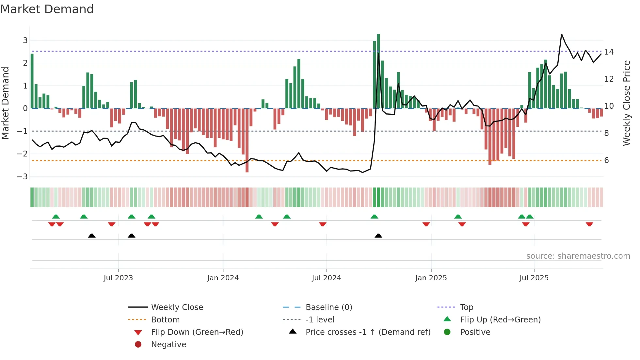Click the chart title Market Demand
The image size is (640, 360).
point(47,9)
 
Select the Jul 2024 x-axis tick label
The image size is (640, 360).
point(326,278)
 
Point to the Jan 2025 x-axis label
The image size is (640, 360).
point(431,278)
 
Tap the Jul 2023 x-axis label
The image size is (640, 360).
point(118,278)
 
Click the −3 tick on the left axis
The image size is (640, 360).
point(22,177)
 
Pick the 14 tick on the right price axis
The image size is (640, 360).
point(609,52)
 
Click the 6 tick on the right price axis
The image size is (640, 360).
point(606,160)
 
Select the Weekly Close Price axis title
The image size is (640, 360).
point(627,103)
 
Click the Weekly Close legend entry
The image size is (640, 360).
point(177,307)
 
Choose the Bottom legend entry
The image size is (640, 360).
point(165,320)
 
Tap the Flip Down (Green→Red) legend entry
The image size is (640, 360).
point(197,332)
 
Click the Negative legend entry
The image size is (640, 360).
point(168,345)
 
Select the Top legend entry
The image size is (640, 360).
point(467,307)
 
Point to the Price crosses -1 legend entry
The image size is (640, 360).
point(368,332)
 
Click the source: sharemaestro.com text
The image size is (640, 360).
point(578,256)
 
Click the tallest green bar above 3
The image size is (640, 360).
point(378,70)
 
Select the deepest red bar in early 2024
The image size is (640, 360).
point(247,140)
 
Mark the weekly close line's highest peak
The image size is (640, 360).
point(562,34)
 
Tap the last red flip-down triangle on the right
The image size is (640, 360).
point(589,224)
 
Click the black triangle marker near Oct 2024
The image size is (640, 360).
point(378,236)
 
